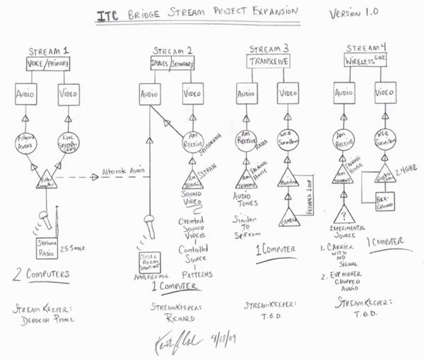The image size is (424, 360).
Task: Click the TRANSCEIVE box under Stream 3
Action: point(267,61)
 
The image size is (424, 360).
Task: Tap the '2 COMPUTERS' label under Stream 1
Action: point(42,275)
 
